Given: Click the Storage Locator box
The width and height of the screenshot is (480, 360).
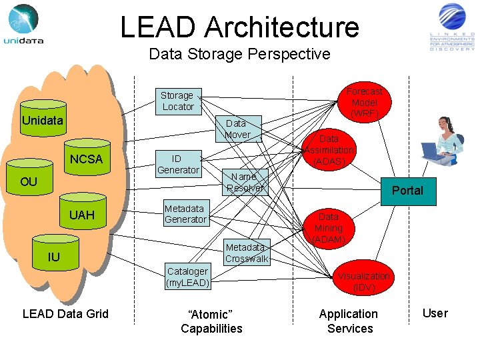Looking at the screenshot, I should pyautogui.click(x=177, y=101).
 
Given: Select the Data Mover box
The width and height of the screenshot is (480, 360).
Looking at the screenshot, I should pyautogui.click(x=237, y=129).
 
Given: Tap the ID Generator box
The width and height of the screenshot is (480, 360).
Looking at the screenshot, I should pyautogui.click(x=177, y=164).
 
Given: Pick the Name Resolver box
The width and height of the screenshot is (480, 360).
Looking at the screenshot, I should pyautogui.click(x=244, y=182).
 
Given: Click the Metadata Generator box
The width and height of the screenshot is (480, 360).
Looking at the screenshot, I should pyautogui.click(x=185, y=213).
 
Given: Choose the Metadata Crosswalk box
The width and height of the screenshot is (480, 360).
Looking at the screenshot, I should pyautogui.click(x=246, y=253).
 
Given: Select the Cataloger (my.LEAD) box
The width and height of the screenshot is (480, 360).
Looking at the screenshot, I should pyautogui.click(x=187, y=277).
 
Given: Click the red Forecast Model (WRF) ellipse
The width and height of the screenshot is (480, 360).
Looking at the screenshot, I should pyautogui.click(x=364, y=103).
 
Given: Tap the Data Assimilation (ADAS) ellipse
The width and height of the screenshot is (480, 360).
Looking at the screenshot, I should pyautogui.click(x=329, y=151).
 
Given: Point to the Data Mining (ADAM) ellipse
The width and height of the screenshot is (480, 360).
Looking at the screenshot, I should pyautogui.click(x=328, y=228).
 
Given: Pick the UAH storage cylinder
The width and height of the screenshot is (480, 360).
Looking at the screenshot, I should pyautogui.click(x=82, y=213).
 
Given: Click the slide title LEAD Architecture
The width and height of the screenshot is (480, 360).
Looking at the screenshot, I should pyautogui.click(x=239, y=27).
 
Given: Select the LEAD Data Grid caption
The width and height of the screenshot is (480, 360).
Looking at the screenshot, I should pyautogui.click(x=65, y=314).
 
